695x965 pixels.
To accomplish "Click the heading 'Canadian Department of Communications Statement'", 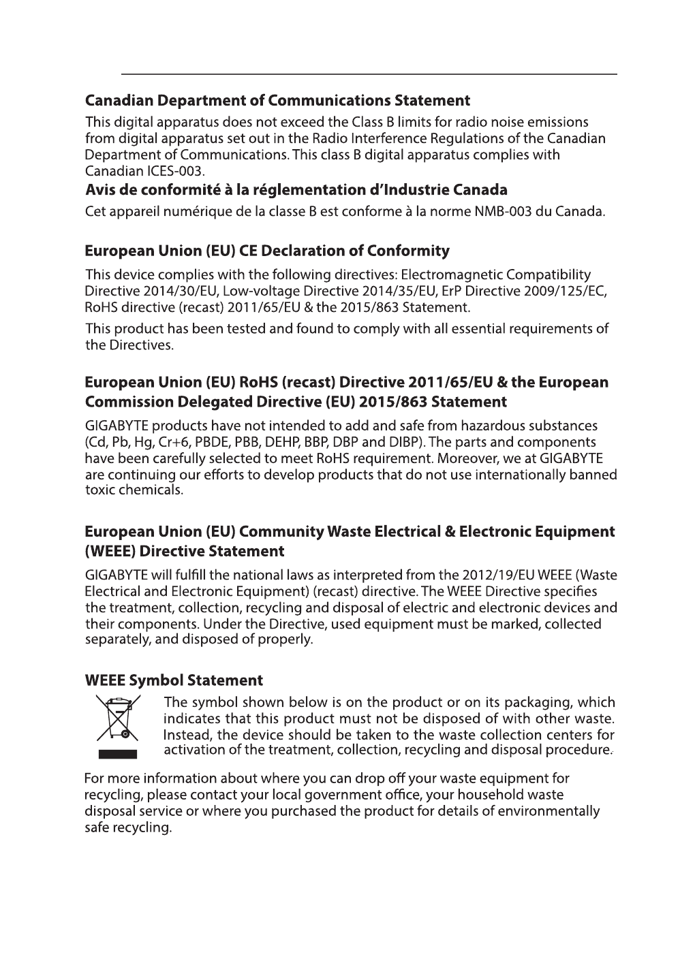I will (277, 101).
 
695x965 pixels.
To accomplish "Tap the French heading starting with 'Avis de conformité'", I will (296, 189).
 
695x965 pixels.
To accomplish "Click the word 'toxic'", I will (100, 490).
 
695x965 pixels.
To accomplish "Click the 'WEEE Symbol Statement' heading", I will (174, 680).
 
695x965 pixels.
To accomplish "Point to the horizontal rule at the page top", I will (369, 74).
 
